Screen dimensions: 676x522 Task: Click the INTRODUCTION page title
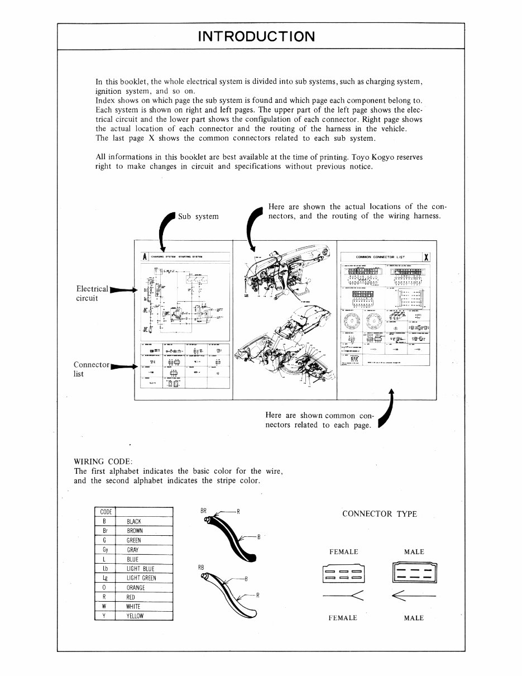[x=256, y=37]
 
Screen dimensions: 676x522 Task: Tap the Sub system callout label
[x=198, y=216]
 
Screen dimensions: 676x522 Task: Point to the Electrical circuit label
[x=92, y=293]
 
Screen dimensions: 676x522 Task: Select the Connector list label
[x=91, y=369]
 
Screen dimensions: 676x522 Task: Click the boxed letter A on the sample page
[x=144, y=258]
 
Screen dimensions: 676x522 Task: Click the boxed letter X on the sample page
[x=426, y=258]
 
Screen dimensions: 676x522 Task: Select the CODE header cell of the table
[x=105, y=512]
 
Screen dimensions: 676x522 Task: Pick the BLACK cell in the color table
[x=134, y=522]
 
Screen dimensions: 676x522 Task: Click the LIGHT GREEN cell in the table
[x=141, y=578]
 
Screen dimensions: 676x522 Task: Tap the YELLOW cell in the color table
[x=135, y=616]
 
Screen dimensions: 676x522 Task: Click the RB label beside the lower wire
[x=202, y=568]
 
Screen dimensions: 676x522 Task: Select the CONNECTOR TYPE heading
[x=379, y=514]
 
